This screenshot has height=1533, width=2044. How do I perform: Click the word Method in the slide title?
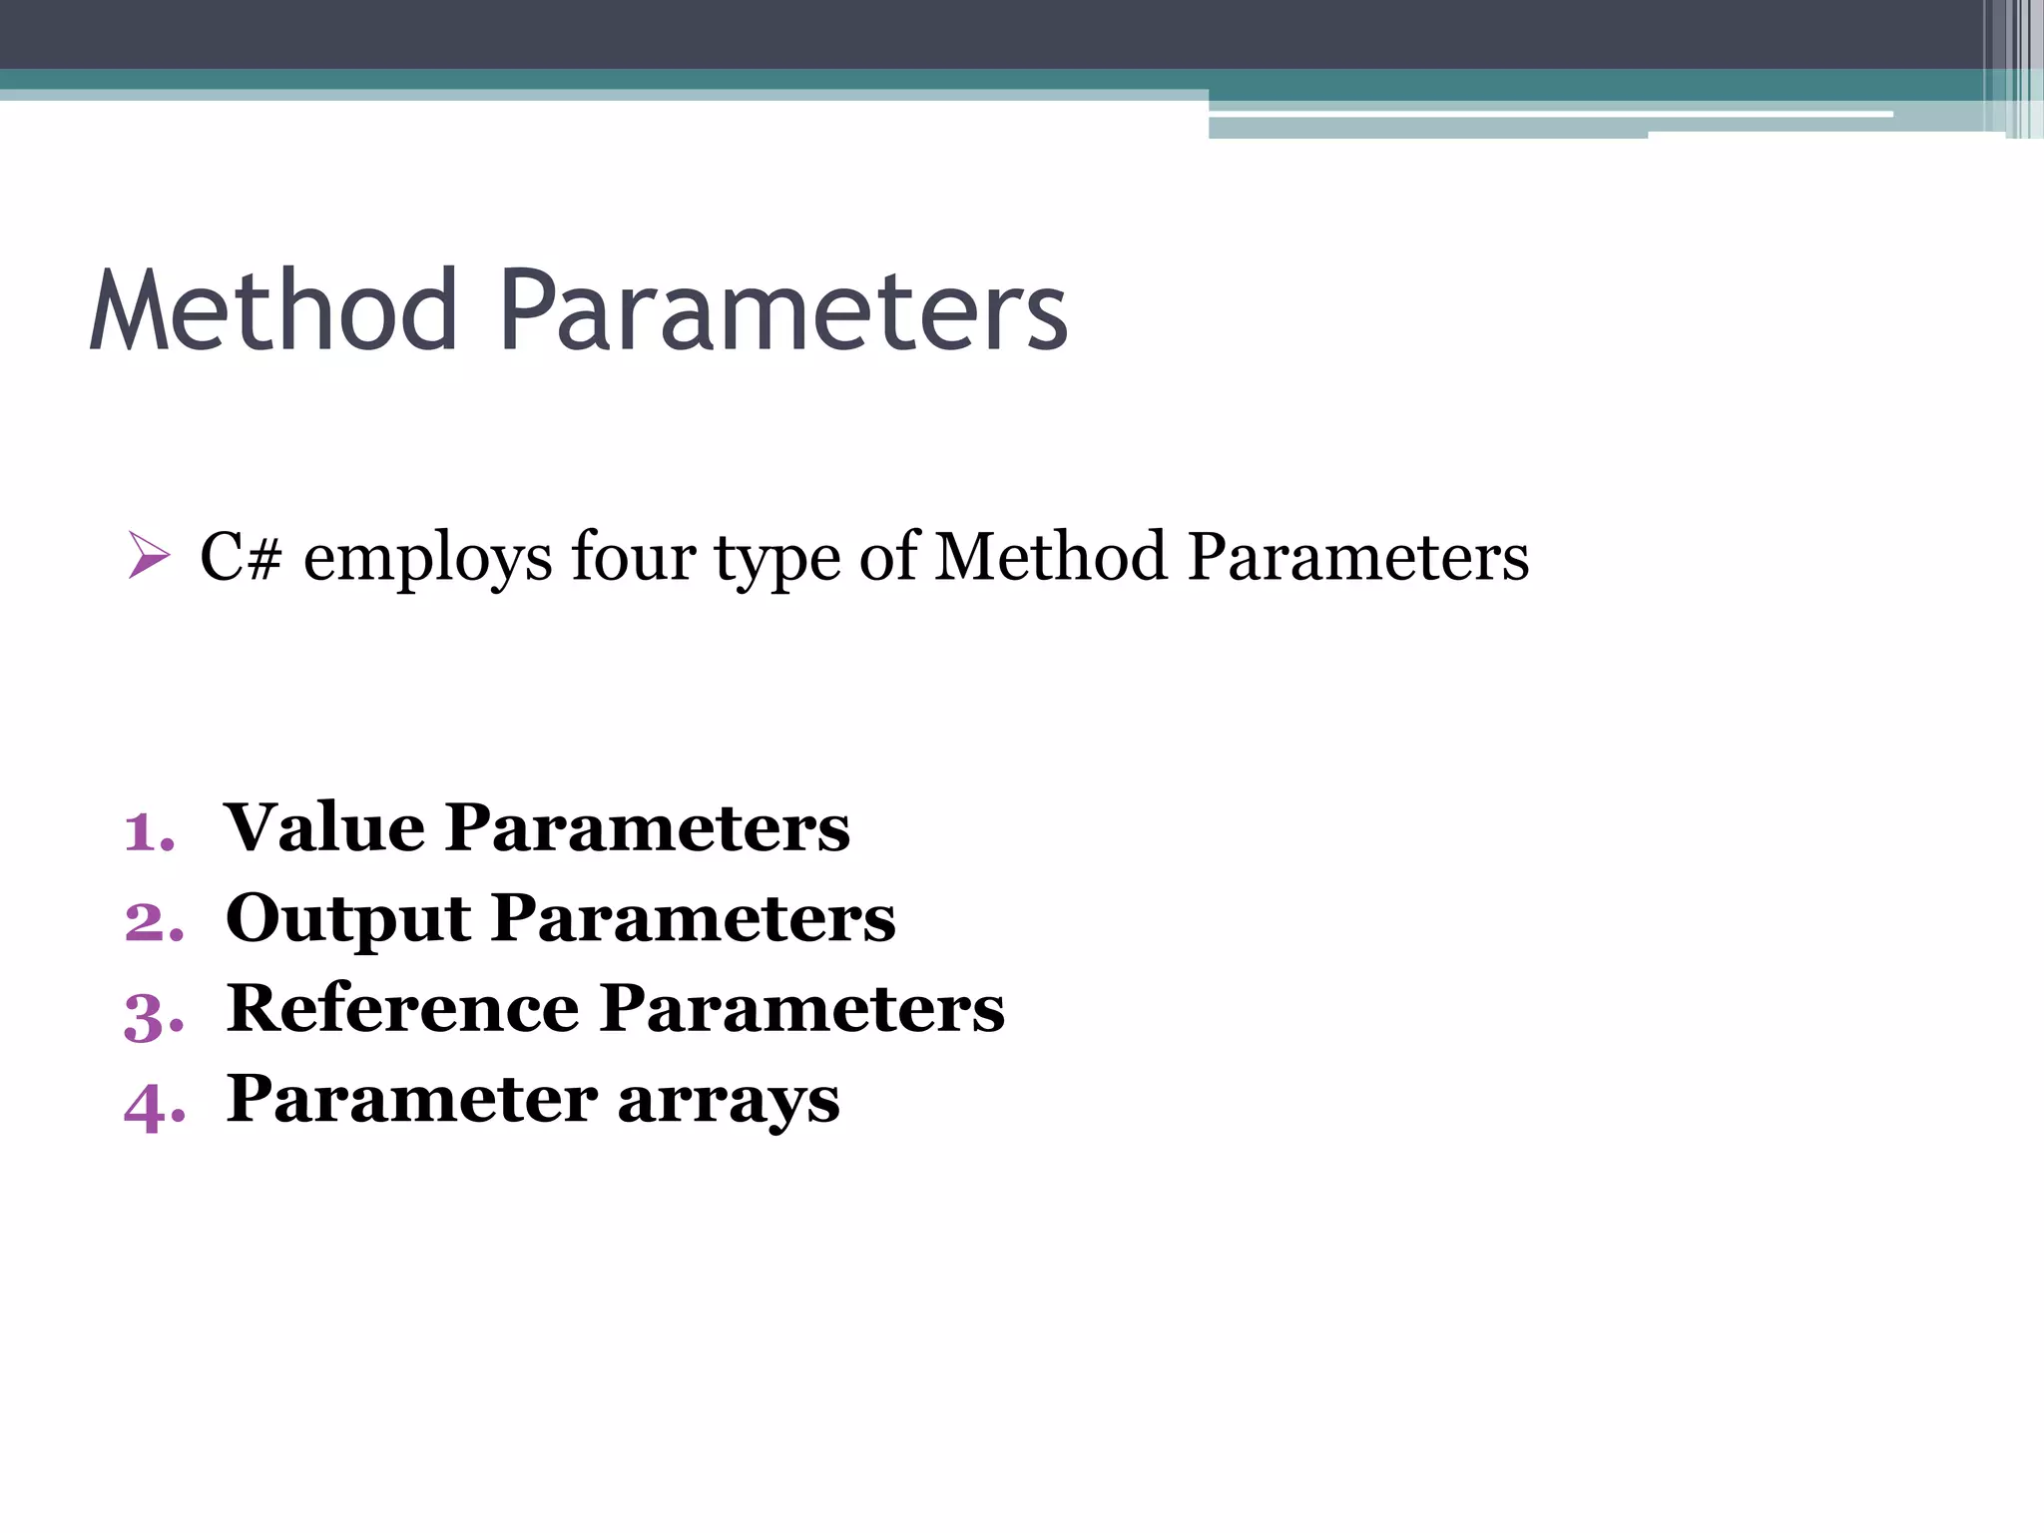tap(273, 311)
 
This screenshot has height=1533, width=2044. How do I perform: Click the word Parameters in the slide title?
tap(782, 311)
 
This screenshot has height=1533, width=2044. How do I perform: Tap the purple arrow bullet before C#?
tap(149, 556)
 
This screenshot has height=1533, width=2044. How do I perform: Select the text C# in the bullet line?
tap(241, 556)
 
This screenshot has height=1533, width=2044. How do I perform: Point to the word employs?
tap(427, 559)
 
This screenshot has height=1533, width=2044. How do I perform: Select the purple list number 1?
tap(148, 831)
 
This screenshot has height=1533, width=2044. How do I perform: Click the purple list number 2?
tap(154, 921)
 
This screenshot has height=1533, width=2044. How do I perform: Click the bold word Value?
tap(324, 827)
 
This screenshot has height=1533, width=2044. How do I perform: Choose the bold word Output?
tap(348, 919)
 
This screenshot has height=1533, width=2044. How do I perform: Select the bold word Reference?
tap(402, 1009)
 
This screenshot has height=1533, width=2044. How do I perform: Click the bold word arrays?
tap(729, 1102)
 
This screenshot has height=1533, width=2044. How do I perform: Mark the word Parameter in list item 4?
tap(412, 1100)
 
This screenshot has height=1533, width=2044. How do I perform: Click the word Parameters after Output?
tap(694, 918)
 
